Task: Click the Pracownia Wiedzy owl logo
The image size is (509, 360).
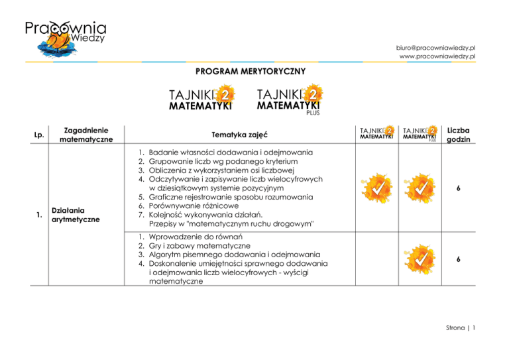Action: coord(65,42)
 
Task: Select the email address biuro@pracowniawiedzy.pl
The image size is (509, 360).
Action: coord(437,48)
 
